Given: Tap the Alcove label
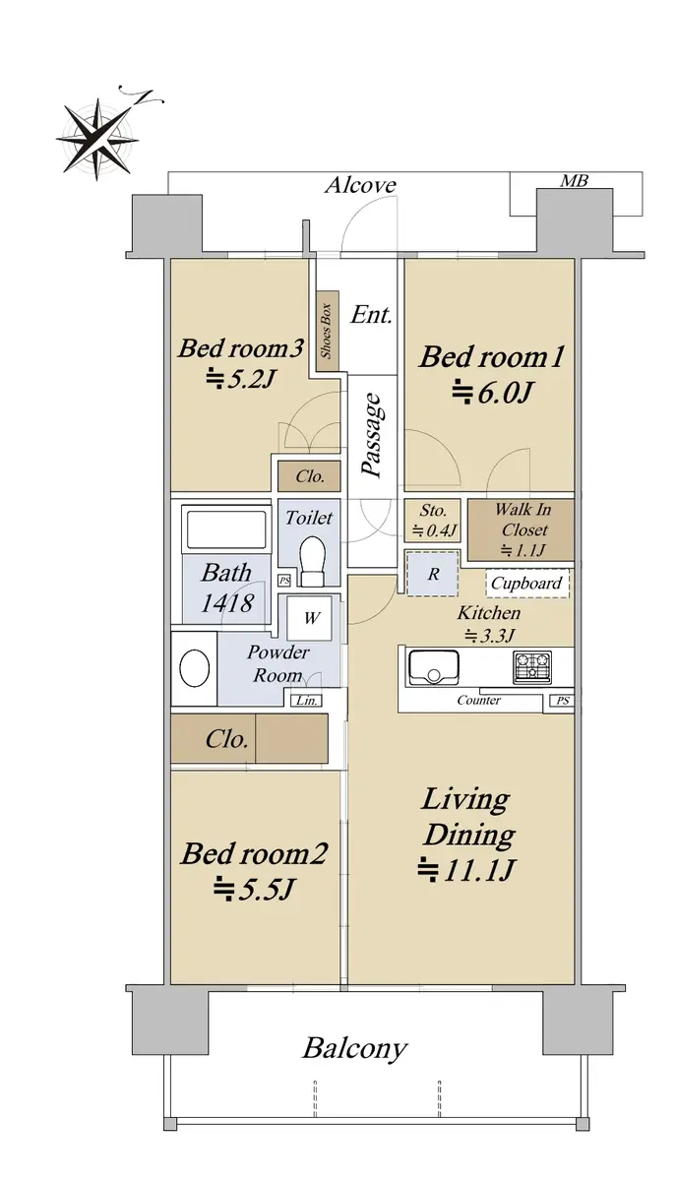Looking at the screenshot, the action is (x=361, y=185).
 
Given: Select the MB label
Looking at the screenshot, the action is (x=574, y=181).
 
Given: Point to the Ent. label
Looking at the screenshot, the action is (x=372, y=315).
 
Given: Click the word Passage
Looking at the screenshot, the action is (x=372, y=435).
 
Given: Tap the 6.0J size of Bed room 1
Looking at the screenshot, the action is (x=491, y=393).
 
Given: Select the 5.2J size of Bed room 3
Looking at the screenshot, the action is (x=240, y=379).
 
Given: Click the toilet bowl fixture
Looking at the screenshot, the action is (x=312, y=561).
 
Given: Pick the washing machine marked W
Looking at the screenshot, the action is (x=310, y=618).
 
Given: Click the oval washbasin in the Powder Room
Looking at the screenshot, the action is (x=195, y=667).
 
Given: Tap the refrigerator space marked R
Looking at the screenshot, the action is (x=432, y=574).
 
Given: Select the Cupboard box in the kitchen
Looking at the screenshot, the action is (x=527, y=583).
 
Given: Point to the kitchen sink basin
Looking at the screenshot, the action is (x=433, y=667).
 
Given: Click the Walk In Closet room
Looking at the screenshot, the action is (x=521, y=529).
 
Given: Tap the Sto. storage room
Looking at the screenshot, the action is (x=432, y=520).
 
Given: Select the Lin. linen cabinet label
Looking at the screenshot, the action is (x=307, y=700).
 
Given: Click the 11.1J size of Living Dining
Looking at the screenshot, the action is (x=466, y=870).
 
